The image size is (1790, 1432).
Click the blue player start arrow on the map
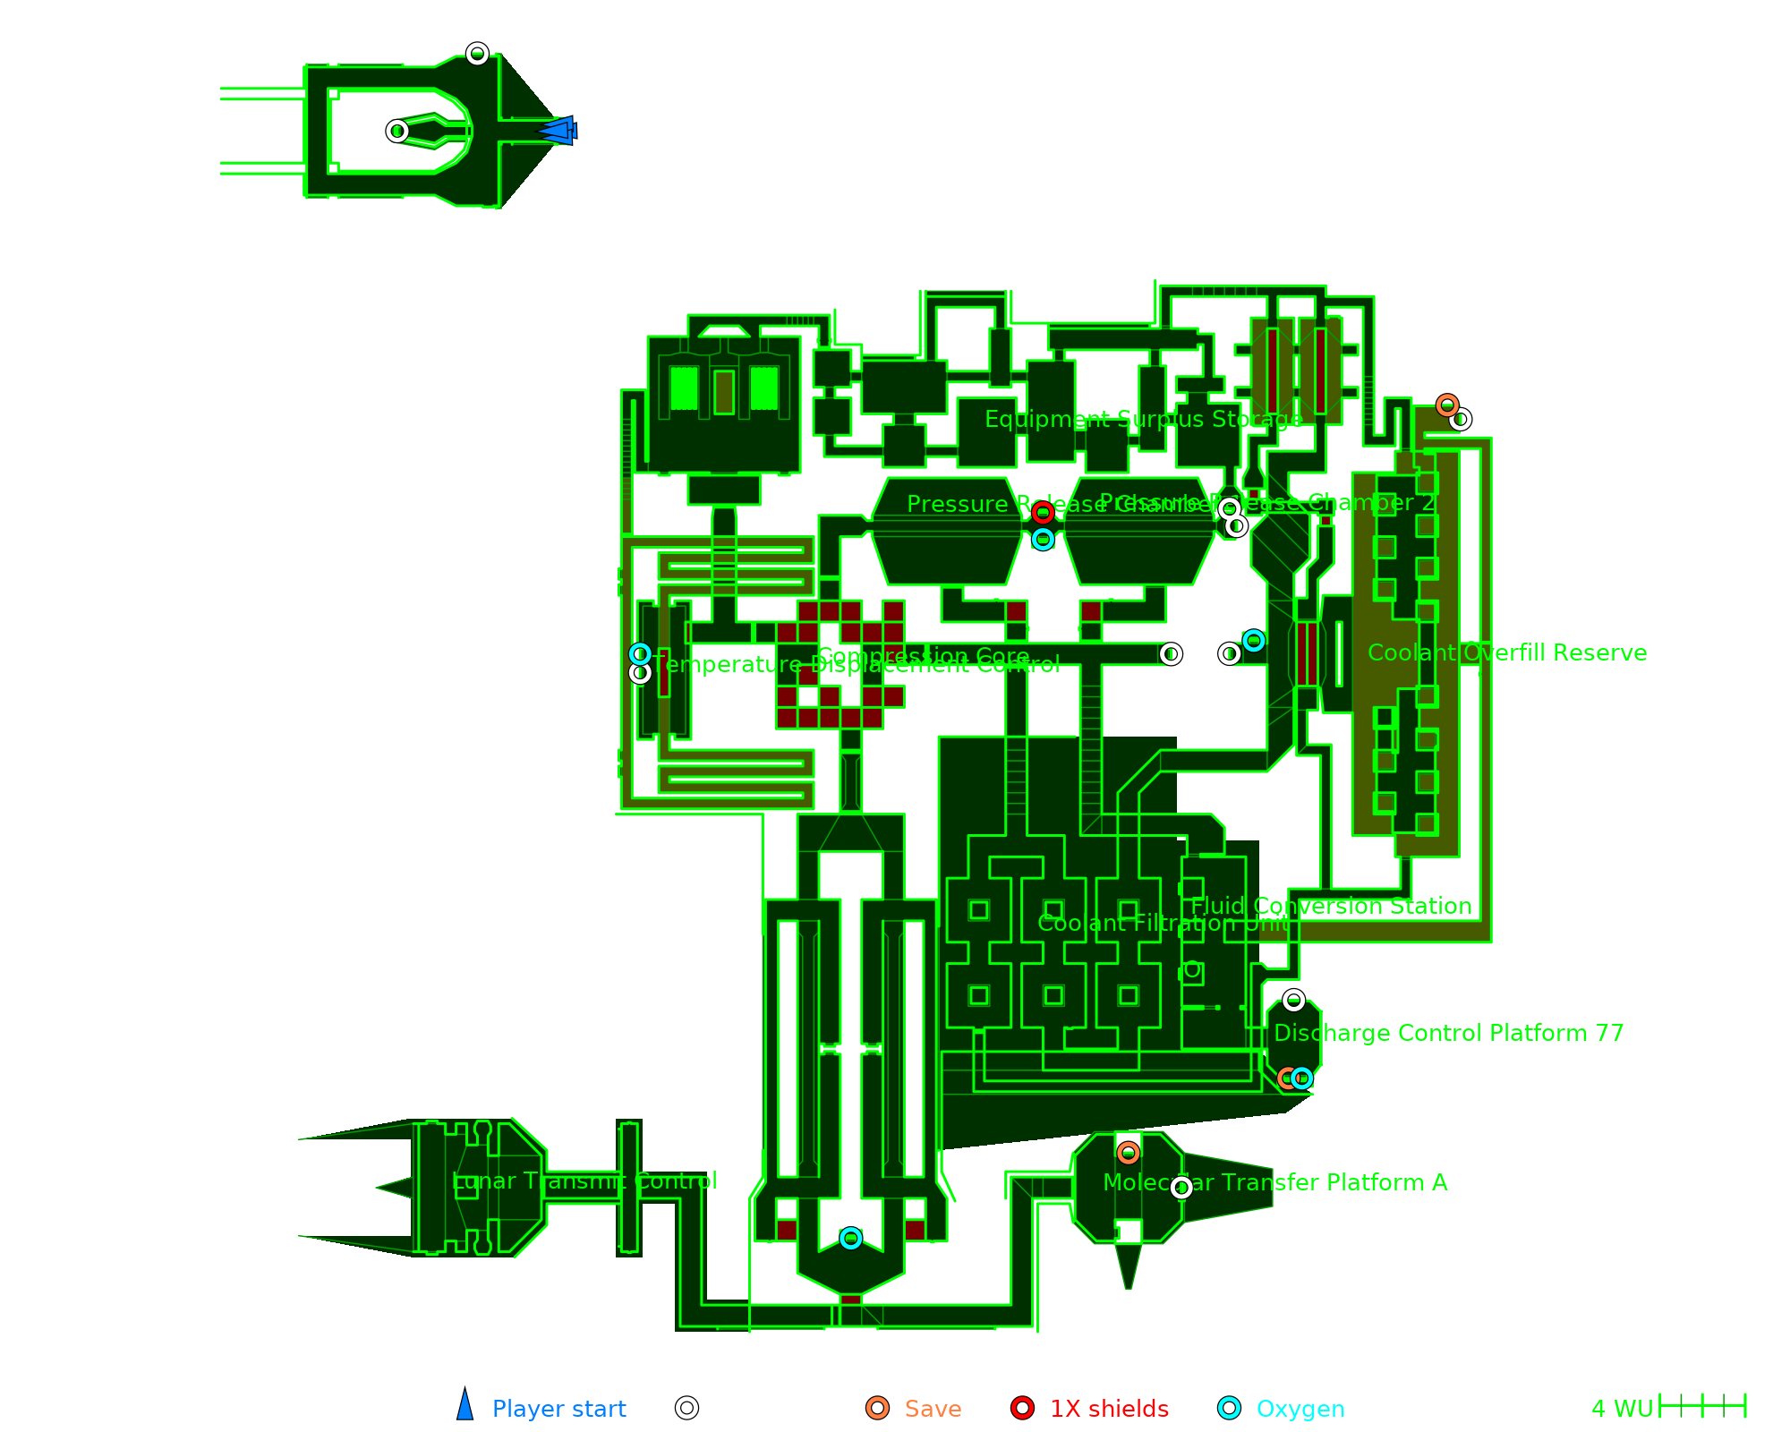click(x=558, y=131)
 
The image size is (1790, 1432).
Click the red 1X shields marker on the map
click(x=1043, y=513)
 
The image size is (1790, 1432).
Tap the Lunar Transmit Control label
click(x=584, y=1181)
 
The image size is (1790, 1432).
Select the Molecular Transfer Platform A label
click(x=1275, y=1182)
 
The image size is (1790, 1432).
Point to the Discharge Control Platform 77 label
click(x=1448, y=1033)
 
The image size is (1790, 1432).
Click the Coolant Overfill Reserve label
click(x=1507, y=652)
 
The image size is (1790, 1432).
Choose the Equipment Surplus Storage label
click(x=1144, y=419)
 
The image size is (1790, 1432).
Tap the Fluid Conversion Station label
click(x=1331, y=906)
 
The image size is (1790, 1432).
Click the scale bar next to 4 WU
click(x=1702, y=1406)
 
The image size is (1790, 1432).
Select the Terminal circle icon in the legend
click(x=687, y=1408)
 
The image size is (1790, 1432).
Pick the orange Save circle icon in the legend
click(x=878, y=1408)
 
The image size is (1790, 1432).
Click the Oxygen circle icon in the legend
click(x=1230, y=1408)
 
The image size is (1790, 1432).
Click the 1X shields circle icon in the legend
click(x=1023, y=1408)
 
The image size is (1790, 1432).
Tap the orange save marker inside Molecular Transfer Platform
click(x=1129, y=1153)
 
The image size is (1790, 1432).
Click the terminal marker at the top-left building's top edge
click(x=478, y=54)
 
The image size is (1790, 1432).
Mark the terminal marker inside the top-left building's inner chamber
click(x=397, y=132)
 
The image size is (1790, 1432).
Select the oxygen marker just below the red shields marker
click(x=1043, y=540)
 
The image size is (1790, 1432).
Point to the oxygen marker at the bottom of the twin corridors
click(x=851, y=1238)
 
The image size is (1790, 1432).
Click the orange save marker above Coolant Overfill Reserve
click(x=1447, y=405)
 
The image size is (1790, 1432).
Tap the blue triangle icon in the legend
click(x=465, y=1406)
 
